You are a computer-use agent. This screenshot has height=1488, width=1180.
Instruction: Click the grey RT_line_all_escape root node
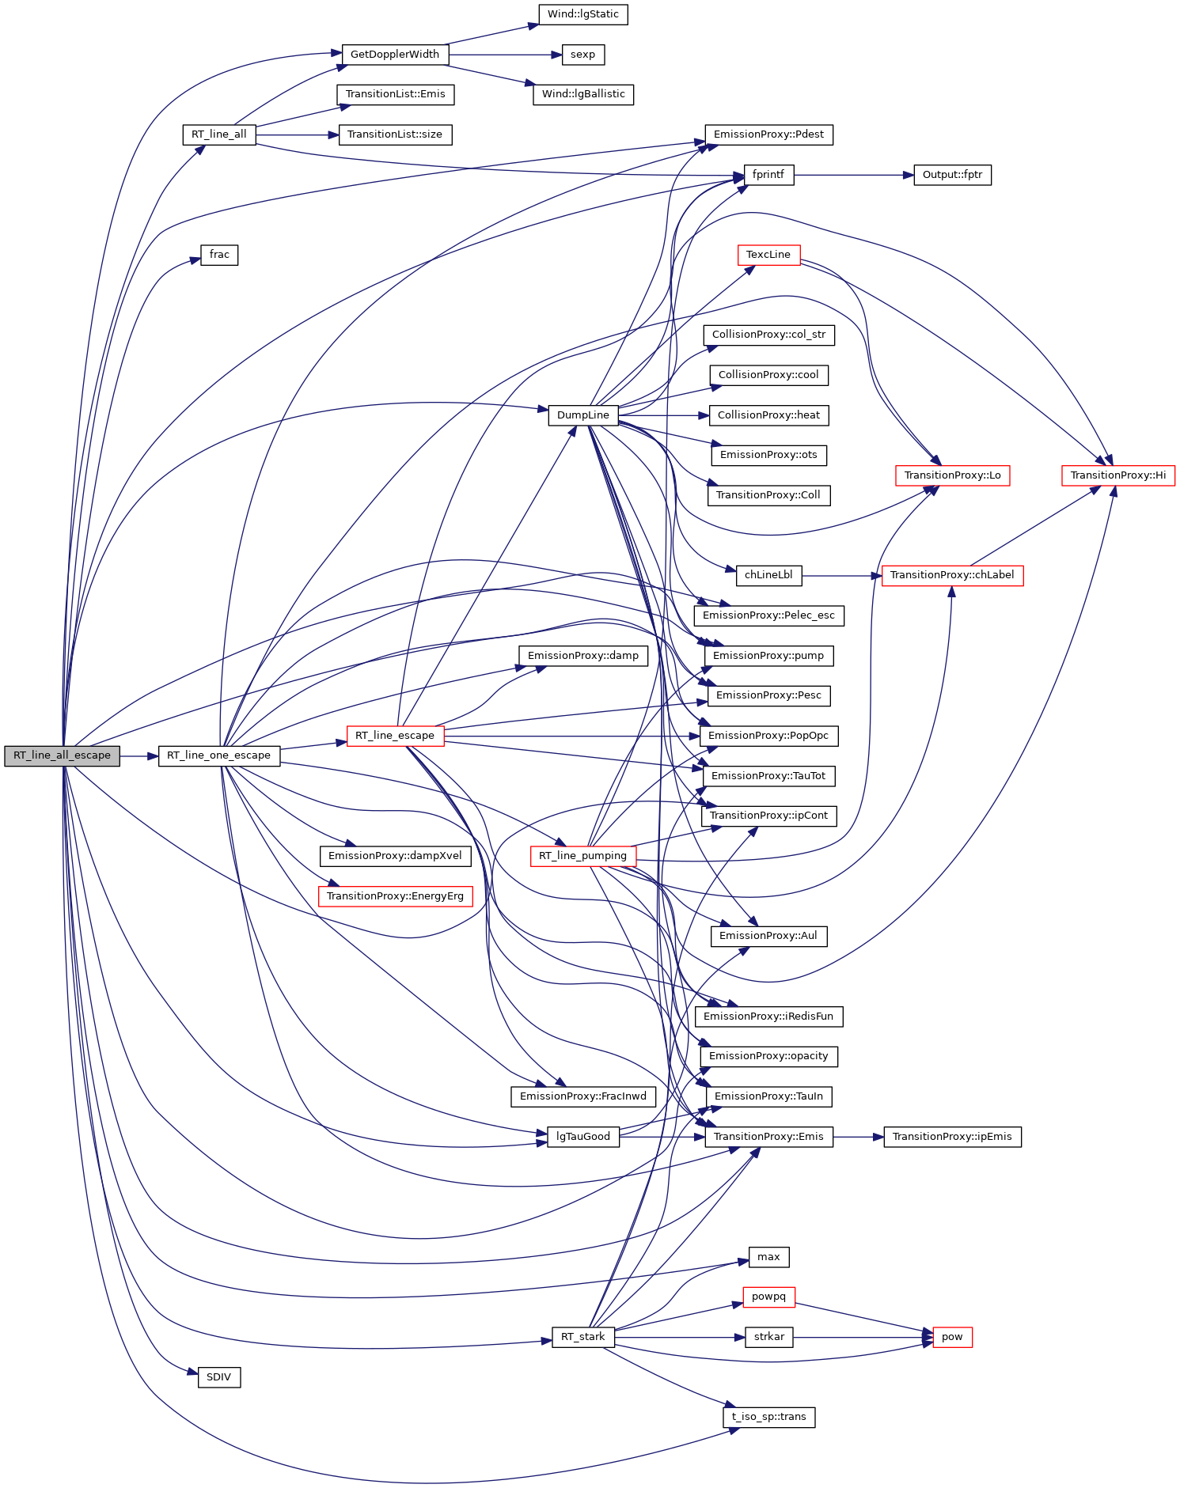[62, 755]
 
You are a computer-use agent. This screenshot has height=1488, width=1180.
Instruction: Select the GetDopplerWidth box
[395, 55]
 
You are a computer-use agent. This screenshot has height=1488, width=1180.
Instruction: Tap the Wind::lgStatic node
[582, 14]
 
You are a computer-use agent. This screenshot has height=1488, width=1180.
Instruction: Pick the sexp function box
[582, 55]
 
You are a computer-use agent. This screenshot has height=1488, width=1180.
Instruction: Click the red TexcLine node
[768, 255]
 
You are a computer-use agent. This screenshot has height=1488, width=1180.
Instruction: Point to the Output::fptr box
[952, 175]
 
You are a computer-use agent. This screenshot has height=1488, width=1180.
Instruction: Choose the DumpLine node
[582, 415]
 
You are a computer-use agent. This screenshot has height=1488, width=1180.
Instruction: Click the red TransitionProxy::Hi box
[1117, 475]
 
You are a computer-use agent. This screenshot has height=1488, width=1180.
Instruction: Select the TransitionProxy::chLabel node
[952, 575]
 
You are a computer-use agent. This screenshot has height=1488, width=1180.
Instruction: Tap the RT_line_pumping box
[582, 856]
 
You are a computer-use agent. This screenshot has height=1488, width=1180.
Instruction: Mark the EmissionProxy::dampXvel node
[395, 856]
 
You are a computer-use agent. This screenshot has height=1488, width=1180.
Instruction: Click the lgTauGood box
[582, 1137]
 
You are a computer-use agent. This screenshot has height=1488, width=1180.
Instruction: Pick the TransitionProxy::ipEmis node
[952, 1137]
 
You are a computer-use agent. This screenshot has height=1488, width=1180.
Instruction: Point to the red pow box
[952, 1337]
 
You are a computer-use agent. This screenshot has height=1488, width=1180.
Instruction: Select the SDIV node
[218, 1377]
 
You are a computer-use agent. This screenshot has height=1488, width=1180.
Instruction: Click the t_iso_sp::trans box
[768, 1417]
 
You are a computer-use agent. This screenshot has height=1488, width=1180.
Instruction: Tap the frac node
[219, 255]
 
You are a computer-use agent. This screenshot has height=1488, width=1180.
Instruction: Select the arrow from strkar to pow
[863, 1337]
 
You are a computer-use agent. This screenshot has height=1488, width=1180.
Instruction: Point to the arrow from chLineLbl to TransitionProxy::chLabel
[841, 575]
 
